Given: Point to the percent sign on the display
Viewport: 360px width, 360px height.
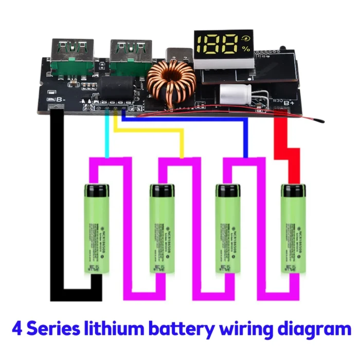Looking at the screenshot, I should pos(246,49).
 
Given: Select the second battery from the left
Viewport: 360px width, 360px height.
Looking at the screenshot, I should pos(163,229).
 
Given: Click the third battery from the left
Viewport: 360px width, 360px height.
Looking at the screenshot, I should pos(228,229).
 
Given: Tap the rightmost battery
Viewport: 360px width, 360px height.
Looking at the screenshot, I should pos(293,229).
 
